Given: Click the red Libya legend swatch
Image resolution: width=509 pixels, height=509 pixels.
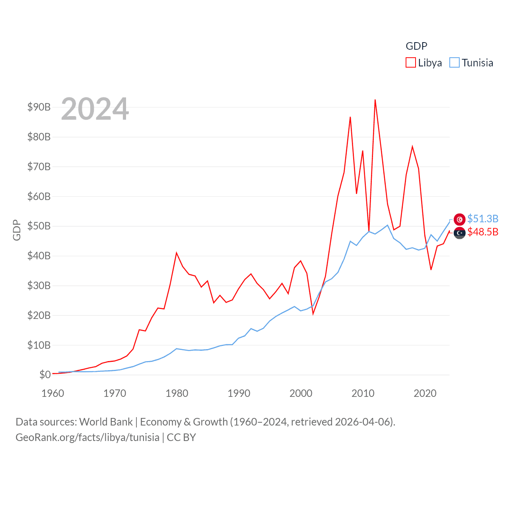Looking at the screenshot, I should pos(411,63).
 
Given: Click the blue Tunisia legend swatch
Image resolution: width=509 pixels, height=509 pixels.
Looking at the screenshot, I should pos(455,63).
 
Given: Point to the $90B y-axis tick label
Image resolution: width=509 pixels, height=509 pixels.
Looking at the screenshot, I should pos(39,107).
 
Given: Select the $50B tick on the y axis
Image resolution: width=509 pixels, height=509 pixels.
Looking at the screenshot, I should pos(39,226).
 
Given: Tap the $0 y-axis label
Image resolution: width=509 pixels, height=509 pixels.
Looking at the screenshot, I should pos(45,375).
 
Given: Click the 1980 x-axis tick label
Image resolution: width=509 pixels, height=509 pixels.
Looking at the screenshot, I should pos(177,393).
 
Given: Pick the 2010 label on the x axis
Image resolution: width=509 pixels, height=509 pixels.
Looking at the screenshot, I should pos(363,393).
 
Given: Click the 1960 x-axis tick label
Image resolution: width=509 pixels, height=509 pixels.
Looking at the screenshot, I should pos(53,393).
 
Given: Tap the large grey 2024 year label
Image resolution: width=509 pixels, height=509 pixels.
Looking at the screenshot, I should pos(95,109).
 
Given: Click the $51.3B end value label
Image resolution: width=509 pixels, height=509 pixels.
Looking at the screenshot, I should pos(483,219).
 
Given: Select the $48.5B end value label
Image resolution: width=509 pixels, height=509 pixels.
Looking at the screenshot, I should pos(483,232).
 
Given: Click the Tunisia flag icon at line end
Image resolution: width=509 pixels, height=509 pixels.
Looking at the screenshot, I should pos(460,219).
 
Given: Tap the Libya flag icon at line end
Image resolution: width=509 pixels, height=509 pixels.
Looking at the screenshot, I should pos(460,233).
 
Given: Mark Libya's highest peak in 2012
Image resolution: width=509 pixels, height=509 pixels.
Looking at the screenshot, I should pos(375,100).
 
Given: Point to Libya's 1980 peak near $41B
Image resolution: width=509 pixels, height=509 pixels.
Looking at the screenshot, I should pos(177,253).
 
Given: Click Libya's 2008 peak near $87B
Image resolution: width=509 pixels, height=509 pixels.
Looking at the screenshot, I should pos(350,117).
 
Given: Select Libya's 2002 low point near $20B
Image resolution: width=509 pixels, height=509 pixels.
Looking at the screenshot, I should pos(313,314).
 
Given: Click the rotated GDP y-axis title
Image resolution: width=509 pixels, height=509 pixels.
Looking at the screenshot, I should pos(17,230).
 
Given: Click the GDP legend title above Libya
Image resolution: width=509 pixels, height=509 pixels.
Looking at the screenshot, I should pos(416,46).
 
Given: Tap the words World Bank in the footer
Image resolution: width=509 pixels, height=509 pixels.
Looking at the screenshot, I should pos(106,422).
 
